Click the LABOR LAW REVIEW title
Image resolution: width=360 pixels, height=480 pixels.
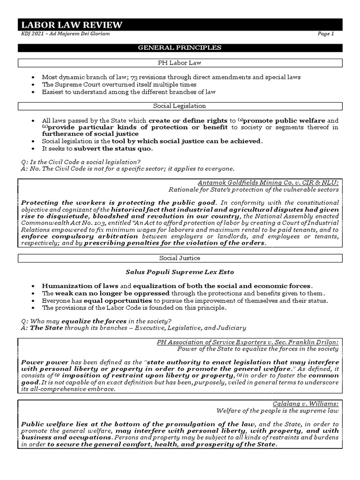pyautogui.click(x=71, y=25)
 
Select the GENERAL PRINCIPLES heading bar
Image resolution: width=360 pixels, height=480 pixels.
pyautogui.click(x=180, y=48)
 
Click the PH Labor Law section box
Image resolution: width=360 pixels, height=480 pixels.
pyautogui.click(x=180, y=63)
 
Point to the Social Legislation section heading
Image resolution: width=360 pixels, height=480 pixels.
pyautogui.click(x=180, y=106)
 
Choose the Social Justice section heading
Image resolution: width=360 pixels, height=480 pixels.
pyautogui.click(x=180, y=258)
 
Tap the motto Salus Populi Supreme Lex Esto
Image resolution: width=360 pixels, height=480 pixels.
pyautogui.click(x=180, y=272)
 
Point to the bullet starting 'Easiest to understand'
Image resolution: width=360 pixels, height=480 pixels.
pyautogui.click(x=128, y=92)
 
